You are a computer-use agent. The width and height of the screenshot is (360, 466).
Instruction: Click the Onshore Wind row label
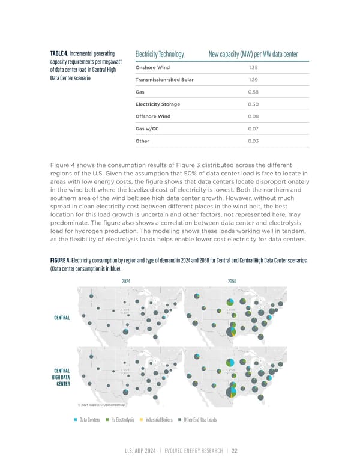[x=152, y=67]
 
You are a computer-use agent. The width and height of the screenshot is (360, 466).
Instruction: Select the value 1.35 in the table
[x=253, y=67]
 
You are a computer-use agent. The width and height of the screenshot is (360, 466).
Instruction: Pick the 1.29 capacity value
[x=253, y=80]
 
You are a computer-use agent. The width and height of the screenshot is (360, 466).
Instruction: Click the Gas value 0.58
[x=253, y=92]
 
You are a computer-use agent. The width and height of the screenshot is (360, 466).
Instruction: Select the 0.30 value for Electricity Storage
[x=253, y=104]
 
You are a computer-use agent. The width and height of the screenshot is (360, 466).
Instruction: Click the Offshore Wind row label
[x=153, y=116]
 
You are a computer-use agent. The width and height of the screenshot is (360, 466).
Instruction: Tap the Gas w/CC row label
[x=149, y=129]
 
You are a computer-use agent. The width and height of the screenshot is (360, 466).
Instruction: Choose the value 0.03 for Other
[x=253, y=141]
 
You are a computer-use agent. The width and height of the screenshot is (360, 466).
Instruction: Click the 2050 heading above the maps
[x=233, y=281]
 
